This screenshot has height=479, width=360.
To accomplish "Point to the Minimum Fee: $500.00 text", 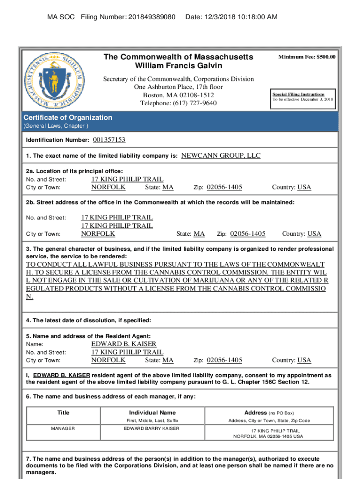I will [307, 57].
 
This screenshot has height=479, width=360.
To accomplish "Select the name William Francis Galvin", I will [178, 65].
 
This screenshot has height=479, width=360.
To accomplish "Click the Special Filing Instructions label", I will [298, 94].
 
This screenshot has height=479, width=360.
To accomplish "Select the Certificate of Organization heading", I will [68, 117].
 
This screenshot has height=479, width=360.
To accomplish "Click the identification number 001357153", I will [109, 140].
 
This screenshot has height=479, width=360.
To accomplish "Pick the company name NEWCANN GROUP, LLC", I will [221, 155].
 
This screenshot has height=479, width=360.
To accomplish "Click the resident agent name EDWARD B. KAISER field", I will [123, 344].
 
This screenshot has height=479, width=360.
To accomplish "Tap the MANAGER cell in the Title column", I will [63, 428].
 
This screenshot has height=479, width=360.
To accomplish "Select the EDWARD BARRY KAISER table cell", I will [151, 428].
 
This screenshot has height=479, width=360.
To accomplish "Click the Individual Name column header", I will [152, 413].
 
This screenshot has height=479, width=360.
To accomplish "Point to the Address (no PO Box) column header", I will [269, 413].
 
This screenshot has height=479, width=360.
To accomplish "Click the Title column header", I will [63, 413].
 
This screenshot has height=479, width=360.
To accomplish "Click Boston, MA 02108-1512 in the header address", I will [178, 95].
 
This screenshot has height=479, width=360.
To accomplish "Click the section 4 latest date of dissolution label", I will [88, 320].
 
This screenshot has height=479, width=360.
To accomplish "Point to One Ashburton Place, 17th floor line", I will [178, 87].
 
